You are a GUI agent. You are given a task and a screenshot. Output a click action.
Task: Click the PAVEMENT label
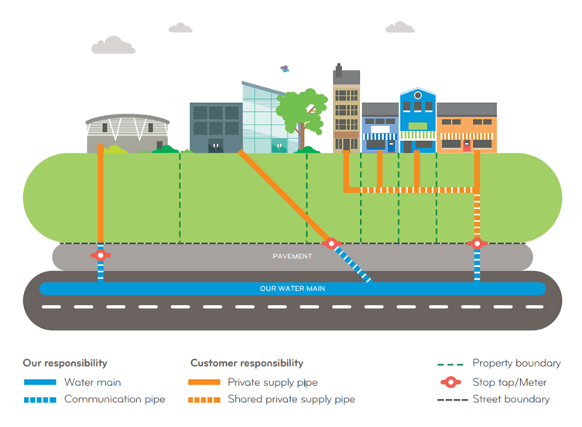click(292, 256)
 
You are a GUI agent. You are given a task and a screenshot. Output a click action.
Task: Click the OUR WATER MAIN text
click(292, 289)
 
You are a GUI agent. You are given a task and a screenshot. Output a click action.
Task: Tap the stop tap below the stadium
click(100, 254)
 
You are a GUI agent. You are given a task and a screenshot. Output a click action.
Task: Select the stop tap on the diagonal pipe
click(332, 244)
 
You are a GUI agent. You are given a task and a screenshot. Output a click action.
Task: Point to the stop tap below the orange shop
click(477, 244)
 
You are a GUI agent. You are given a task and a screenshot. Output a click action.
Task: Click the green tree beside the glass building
click(302, 112)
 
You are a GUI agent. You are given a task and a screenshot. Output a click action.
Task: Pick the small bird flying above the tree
click(285, 69)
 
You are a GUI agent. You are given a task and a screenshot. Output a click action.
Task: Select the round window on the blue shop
click(418, 96)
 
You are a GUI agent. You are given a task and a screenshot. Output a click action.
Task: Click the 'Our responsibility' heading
click(65, 363)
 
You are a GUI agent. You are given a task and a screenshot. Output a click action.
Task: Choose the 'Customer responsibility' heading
click(247, 363)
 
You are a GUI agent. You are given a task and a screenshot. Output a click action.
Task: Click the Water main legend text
click(92, 382)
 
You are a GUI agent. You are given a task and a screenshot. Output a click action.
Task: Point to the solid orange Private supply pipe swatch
click(204, 382)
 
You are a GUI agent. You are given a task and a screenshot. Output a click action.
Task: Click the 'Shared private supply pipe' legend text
click(291, 400)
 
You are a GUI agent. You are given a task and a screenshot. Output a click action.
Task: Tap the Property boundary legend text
click(516, 363)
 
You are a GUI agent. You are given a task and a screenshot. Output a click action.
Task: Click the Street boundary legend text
click(511, 400)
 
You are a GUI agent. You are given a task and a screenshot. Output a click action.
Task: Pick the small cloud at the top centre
click(180, 28)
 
